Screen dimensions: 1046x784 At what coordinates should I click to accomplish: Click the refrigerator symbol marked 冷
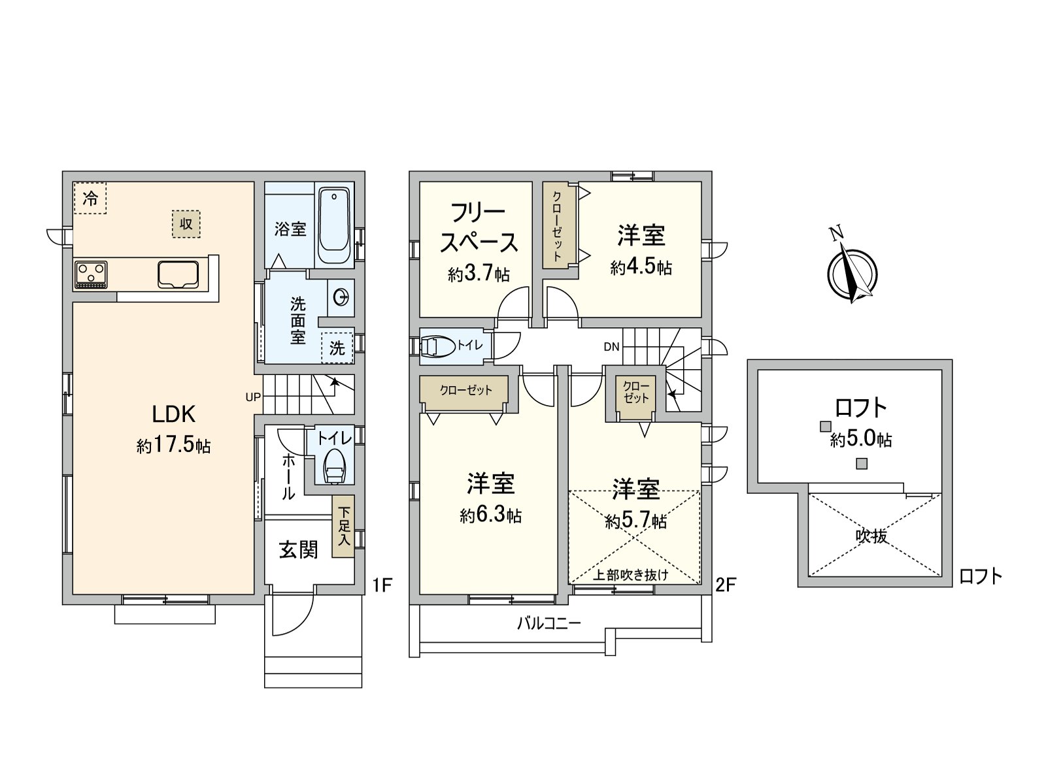coord(90,198)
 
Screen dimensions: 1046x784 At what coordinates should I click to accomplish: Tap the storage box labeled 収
coord(186,223)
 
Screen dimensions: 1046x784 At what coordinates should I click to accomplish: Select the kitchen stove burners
coord(90,274)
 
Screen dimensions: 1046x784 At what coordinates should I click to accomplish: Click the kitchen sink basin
coord(178,274)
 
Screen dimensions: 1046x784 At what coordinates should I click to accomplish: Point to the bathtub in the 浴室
coord(334,225)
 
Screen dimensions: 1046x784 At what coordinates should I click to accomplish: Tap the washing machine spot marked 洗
coord(337,348)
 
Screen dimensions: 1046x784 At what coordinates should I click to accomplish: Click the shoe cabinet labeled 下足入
coord(344,526)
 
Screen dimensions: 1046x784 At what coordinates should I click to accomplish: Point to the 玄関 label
coord(298,550)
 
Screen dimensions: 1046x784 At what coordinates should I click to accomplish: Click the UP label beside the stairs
coord(253,397)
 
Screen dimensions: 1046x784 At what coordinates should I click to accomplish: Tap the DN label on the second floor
coord(611,347)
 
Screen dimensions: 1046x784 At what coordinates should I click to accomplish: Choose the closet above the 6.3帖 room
coord(464,390)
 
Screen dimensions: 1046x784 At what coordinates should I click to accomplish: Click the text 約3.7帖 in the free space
coord(479,274)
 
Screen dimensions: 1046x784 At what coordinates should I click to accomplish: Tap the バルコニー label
coord(549,623)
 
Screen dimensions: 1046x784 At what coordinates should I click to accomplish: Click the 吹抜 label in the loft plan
coord(872,536)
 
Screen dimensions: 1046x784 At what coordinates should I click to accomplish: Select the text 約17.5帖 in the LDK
coord(173,446)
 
